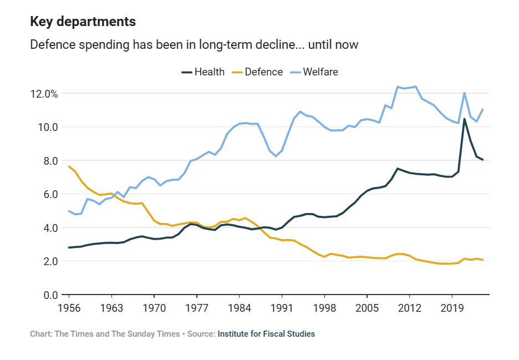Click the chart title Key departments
coord(83,22)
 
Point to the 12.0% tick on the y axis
coord(44,93)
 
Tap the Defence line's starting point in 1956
coord(69,166)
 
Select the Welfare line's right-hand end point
coord(483,109)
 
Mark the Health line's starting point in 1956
coord(69,247)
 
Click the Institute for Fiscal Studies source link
coord(266,334)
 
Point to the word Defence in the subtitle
coord(52,44)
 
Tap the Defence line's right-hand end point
coord(483,260)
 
